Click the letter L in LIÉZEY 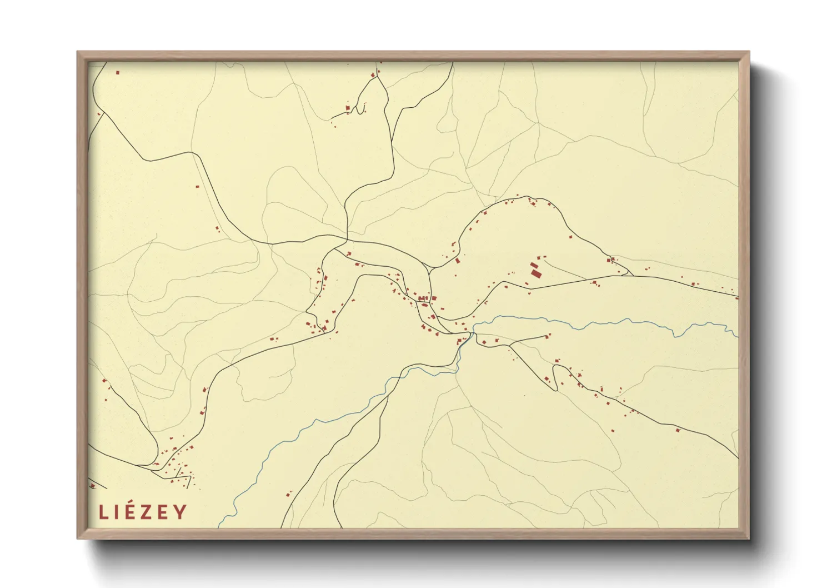[103, 512]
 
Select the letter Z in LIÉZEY [143, 512]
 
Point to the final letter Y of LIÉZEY [180, 512]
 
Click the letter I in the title [114, 512]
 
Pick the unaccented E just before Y [162, 512]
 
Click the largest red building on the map [535, 273]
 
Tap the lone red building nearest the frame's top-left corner [118, 72]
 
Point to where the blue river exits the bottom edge [219, 526]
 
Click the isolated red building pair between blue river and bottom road [289, 493]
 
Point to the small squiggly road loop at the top [362, 108]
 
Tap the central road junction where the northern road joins [347, 241]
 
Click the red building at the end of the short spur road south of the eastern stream [548, 335]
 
